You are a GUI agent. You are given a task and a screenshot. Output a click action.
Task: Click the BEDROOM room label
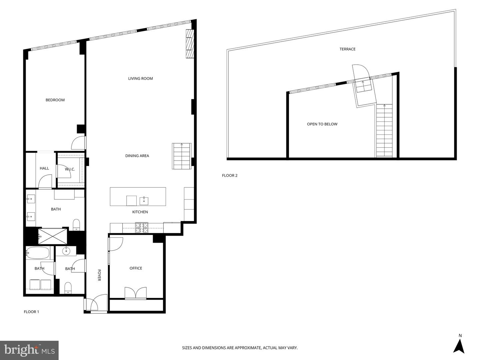point(55,100)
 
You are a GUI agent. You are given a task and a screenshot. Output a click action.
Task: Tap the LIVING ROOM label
point(140,78)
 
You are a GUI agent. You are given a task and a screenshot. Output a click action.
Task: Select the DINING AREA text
point(137,156)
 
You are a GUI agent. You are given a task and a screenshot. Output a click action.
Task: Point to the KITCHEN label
point(140,212)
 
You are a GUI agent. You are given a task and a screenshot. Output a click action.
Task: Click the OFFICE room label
point(136,268)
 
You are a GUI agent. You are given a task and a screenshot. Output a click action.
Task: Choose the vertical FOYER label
point(99,275)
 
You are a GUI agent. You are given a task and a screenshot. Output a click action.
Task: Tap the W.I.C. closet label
point(70,169)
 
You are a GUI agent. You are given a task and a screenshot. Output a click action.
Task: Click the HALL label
point(44,168)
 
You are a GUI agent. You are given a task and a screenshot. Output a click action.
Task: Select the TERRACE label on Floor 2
point(347,49)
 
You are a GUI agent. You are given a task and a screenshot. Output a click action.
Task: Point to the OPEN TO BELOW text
point(322,124)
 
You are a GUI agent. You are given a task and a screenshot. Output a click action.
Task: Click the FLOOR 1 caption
point(31,312)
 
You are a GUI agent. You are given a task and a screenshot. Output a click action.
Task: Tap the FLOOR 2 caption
point(230,175)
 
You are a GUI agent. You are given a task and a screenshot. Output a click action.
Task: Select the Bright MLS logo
point(29,350)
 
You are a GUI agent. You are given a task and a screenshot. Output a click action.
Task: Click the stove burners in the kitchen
point(142,228)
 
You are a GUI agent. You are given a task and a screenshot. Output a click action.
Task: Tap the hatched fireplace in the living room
point(190,44)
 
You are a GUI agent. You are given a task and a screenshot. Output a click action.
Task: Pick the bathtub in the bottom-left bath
point(37,253)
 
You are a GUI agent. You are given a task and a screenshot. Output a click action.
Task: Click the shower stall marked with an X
point(53,236)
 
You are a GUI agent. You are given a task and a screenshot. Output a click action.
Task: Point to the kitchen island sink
point(144,201)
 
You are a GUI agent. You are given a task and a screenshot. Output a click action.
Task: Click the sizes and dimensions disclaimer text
point(240,348)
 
